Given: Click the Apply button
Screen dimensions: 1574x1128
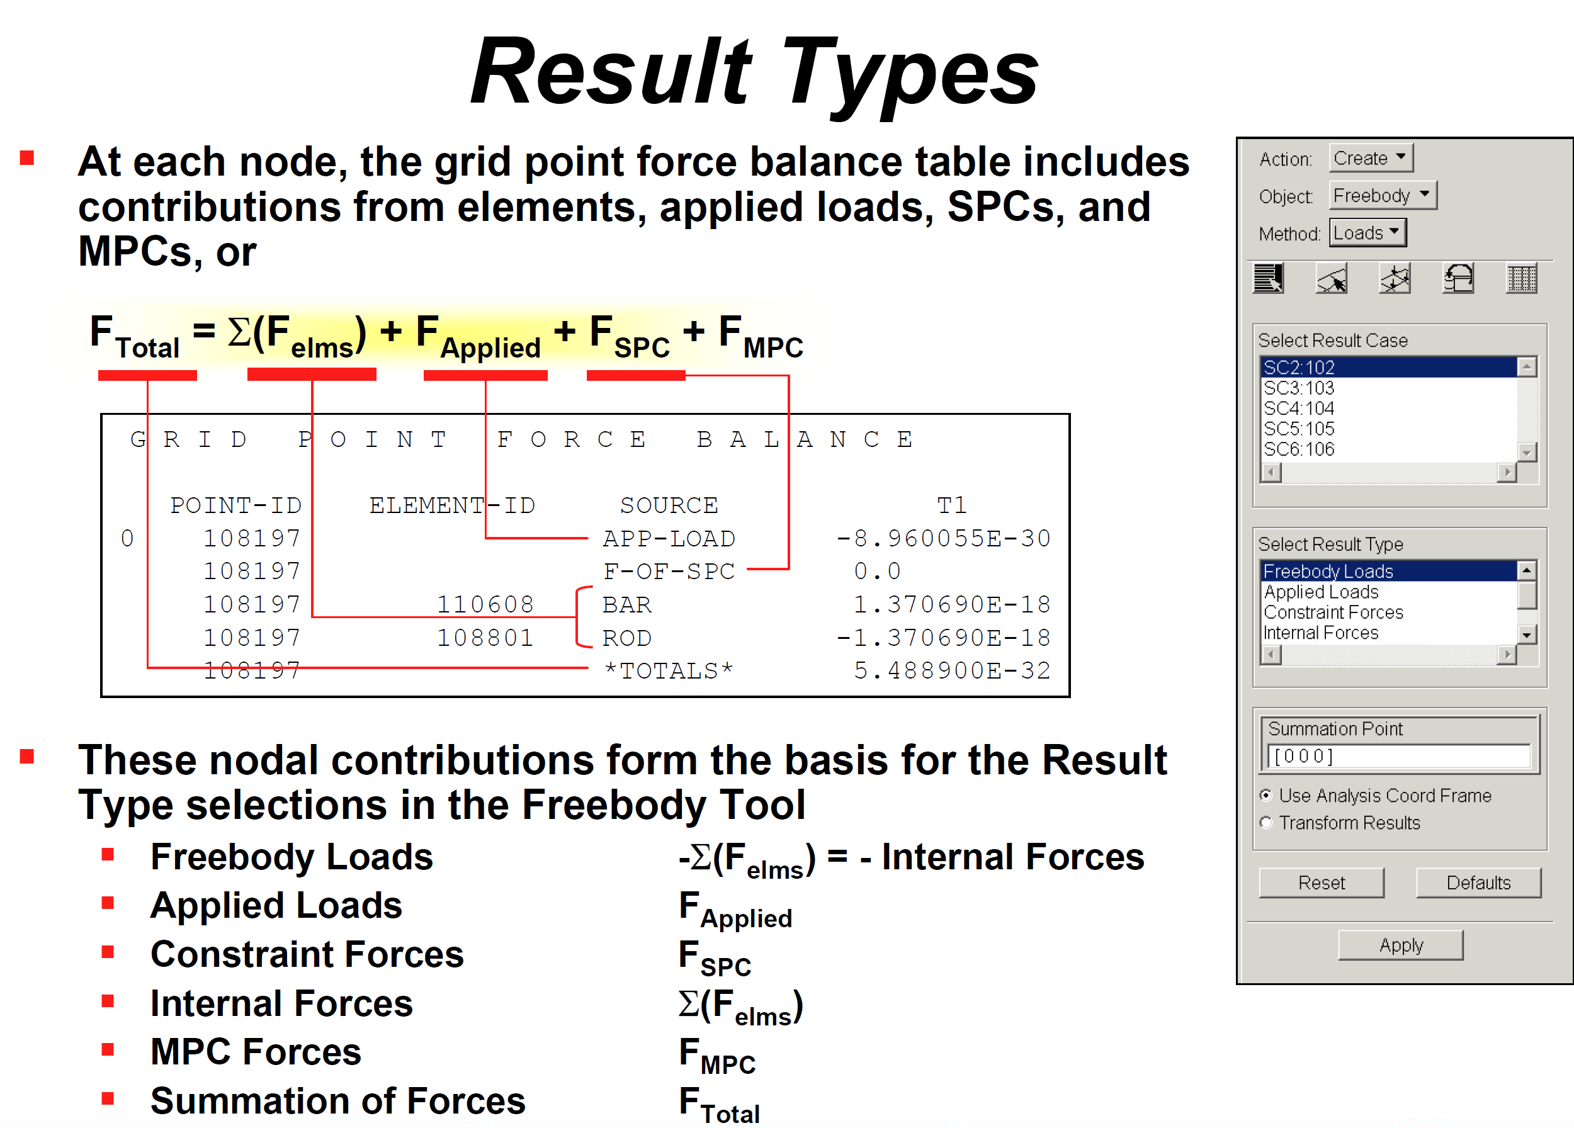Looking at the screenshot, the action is click(1400, 945).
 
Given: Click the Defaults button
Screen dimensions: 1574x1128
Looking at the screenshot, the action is click(1478, 883).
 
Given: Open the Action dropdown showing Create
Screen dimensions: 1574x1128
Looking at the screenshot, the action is click(1371, 158).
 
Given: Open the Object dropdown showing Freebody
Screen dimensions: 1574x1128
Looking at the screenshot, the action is click(1383, 196).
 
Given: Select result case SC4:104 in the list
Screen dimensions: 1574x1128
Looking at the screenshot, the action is click(1298, 408).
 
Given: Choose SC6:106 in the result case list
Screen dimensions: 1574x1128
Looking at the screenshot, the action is click(1298, 449).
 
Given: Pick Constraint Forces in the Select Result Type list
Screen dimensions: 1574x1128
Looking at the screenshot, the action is click(1333, 612).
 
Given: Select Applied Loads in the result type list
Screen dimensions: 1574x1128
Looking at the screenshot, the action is click(1321, 592).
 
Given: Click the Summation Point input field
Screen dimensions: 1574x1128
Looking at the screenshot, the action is click(1398, 756).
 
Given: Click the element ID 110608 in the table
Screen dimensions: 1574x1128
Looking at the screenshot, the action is click(485, 604).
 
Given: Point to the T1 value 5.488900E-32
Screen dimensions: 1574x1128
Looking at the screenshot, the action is click(952, 670).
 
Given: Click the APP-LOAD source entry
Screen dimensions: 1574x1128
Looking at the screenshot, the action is click(669, 538).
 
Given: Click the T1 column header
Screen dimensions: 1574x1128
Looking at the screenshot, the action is click(951, 505).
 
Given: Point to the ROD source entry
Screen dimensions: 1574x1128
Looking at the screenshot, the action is click(626, 638).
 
